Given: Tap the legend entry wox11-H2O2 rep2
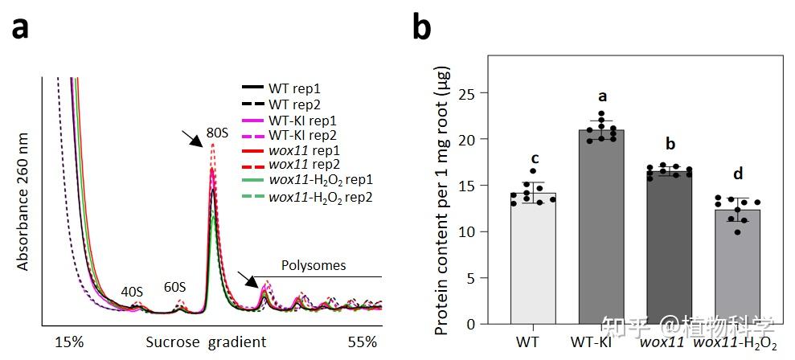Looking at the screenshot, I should [x=320, y=197].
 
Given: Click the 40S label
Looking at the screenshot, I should [x=133, y=292].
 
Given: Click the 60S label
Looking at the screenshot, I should [x=174, y=287].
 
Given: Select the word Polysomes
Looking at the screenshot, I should [x=313, y=265].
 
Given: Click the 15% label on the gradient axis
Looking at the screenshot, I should [x=69, y=342].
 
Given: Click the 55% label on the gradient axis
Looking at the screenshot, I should [x=362, y=342].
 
